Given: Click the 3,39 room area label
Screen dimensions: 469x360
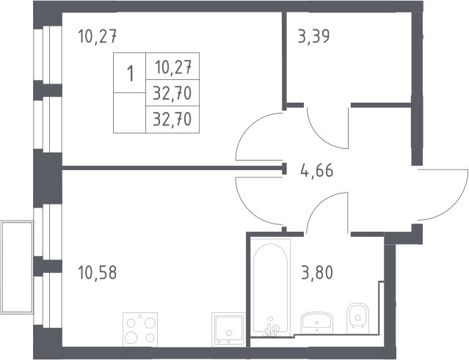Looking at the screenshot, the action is point(313,37).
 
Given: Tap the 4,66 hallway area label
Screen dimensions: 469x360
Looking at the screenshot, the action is point(317,171).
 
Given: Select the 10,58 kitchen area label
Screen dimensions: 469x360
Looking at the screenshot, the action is point(97,273).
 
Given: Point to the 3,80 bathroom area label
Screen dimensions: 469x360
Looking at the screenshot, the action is point(317,273).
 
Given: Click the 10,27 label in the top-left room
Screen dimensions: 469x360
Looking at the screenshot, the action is point(97,37).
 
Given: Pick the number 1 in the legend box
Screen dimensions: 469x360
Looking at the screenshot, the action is point(130,73).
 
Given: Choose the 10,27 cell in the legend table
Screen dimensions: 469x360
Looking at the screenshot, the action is point(173,67).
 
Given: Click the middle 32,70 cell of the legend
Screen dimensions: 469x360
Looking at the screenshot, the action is point(172,93).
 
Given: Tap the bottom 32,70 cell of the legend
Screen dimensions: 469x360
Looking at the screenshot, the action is point(172,120).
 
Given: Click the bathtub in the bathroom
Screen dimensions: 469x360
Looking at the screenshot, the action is point(270,287).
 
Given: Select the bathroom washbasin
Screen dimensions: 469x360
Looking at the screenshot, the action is point(317,323).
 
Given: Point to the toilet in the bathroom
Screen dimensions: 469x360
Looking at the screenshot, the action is point(357,318).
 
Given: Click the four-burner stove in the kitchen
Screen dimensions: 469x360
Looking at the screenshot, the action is point(140,329).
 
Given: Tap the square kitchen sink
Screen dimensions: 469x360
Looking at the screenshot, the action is point(228,329).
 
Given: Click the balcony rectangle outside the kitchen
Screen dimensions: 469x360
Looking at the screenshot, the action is point(17,268).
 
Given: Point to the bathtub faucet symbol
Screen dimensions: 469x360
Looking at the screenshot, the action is point(272,329).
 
